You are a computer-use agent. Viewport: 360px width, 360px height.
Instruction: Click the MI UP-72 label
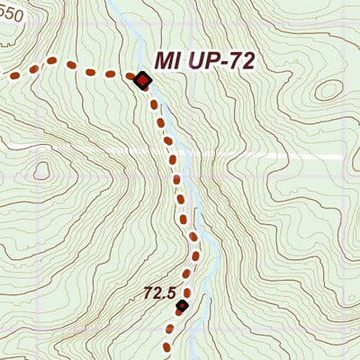click(205, 60)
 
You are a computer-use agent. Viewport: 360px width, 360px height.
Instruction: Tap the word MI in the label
click(167, 60)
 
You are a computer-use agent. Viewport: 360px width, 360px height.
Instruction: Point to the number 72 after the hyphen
click(240, 60)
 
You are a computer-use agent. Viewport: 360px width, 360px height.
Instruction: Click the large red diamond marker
click(142, 81)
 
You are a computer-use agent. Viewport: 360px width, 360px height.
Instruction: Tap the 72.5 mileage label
click(158, 292)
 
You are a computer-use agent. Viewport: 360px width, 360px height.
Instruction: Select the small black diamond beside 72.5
click(182, 306)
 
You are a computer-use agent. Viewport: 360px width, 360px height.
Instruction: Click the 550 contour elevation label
click(10, 14)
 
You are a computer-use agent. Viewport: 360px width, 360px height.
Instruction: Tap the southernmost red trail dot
click(166, 346)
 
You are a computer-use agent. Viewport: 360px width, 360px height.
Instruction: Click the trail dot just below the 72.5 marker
click(175, 324)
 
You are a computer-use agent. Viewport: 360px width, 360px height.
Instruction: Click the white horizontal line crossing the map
click(270, 157)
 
